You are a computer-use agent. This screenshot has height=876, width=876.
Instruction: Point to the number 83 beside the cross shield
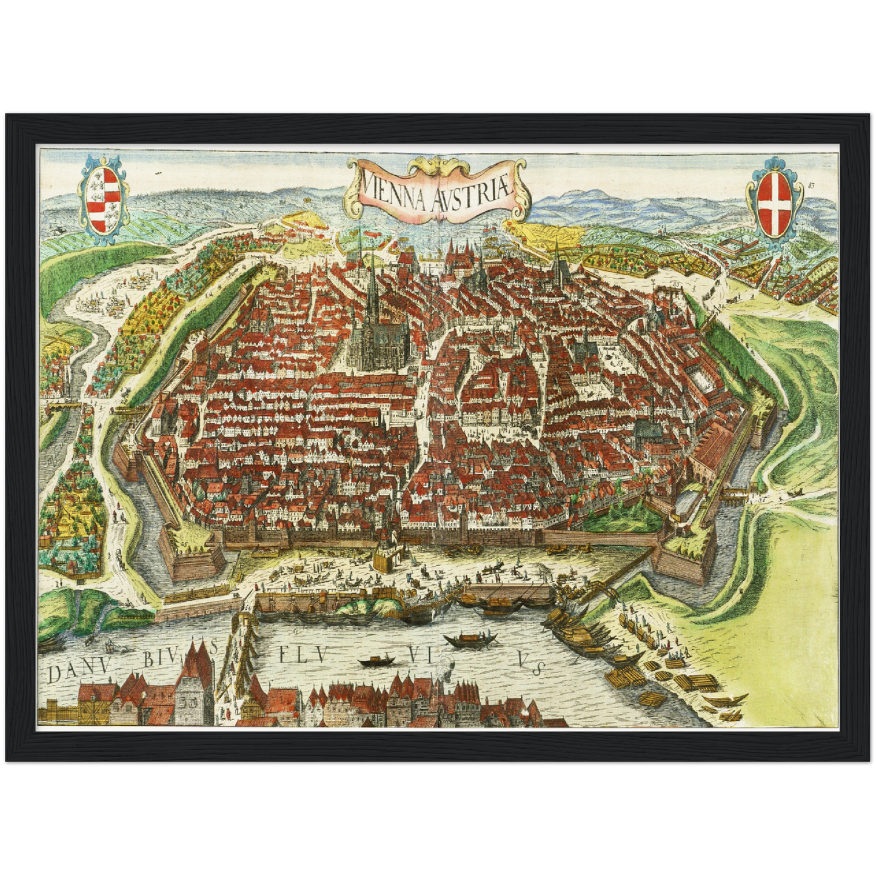click(811, 185)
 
